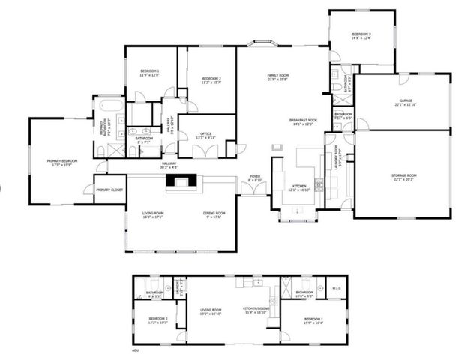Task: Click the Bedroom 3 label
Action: [361, 34]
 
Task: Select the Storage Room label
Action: [403, 175]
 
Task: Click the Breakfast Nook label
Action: [303, 121]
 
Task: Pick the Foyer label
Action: [255, 177]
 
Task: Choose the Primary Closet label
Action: [109, 190]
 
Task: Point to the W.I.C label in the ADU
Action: [337, 287]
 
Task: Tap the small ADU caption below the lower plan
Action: [136, 349]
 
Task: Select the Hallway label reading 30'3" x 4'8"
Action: [168, 167]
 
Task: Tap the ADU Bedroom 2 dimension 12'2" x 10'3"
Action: [157, 322]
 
